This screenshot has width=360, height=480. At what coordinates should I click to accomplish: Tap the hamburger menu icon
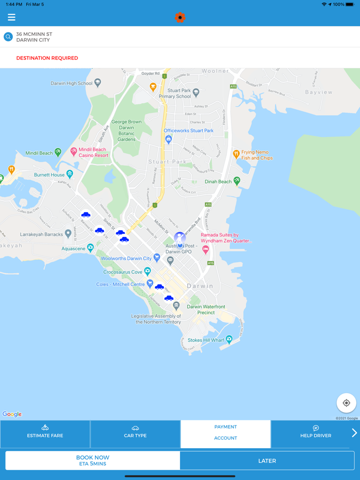click(11, 17)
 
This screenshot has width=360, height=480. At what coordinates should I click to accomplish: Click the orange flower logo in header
click(180, 17)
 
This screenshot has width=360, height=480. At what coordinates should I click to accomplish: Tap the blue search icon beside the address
click(8, 37)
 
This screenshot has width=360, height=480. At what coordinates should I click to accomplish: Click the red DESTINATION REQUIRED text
click(47, 58)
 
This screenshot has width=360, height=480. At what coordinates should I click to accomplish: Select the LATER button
click(267, 461)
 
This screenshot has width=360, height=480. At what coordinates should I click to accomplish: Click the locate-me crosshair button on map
click(346, 403)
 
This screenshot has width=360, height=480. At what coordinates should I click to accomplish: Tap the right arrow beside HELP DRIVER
click(354, 433)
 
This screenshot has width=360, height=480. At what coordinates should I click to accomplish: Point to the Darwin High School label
click(71, 83)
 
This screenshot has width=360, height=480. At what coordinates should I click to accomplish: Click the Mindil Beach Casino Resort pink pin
click(74, 152)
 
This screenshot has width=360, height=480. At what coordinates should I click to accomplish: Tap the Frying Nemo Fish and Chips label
click(257, 155)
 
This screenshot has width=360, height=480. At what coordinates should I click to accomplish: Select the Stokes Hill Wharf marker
click(229, 339)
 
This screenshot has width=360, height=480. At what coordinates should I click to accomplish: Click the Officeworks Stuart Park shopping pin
click(168, 139)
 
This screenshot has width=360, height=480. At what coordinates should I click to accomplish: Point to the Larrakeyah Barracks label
click(41, 234)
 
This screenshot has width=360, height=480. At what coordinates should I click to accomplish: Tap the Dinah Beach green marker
click(237, 181)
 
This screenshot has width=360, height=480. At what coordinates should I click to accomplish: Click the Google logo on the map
click(12, 414)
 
